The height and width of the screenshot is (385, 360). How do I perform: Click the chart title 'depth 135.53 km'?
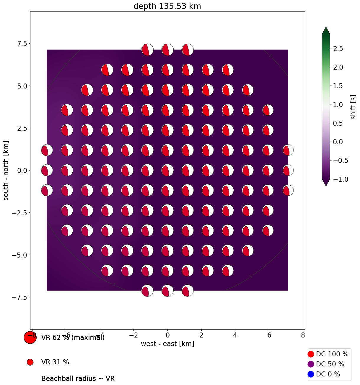167,6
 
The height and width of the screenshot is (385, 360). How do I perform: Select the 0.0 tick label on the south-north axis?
20,171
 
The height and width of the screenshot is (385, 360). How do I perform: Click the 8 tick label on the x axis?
303,335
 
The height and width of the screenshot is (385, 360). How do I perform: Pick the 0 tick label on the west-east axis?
167,335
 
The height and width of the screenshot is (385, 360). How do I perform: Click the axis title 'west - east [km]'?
167,344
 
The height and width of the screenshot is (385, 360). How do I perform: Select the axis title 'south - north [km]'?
6,171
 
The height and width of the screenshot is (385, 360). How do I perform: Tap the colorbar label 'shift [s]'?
353,107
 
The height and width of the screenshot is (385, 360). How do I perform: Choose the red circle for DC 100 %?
311,354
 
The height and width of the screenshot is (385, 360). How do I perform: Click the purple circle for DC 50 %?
311,364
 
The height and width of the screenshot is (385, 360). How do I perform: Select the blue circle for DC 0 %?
311,374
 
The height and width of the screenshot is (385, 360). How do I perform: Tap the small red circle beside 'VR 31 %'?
30,362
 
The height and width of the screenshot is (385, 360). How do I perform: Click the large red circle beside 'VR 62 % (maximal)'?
30,338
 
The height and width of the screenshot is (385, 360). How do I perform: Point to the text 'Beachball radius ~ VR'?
78,379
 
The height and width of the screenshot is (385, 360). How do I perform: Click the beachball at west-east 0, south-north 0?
167,171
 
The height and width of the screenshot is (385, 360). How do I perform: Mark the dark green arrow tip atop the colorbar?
326,30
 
